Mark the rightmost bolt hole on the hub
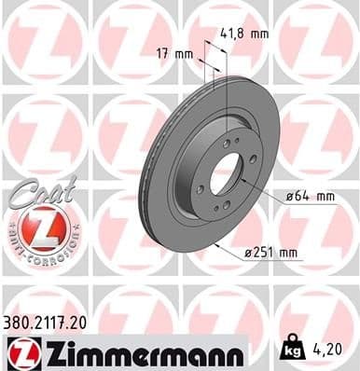[253, 160]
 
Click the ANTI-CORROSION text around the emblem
[42, 252]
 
